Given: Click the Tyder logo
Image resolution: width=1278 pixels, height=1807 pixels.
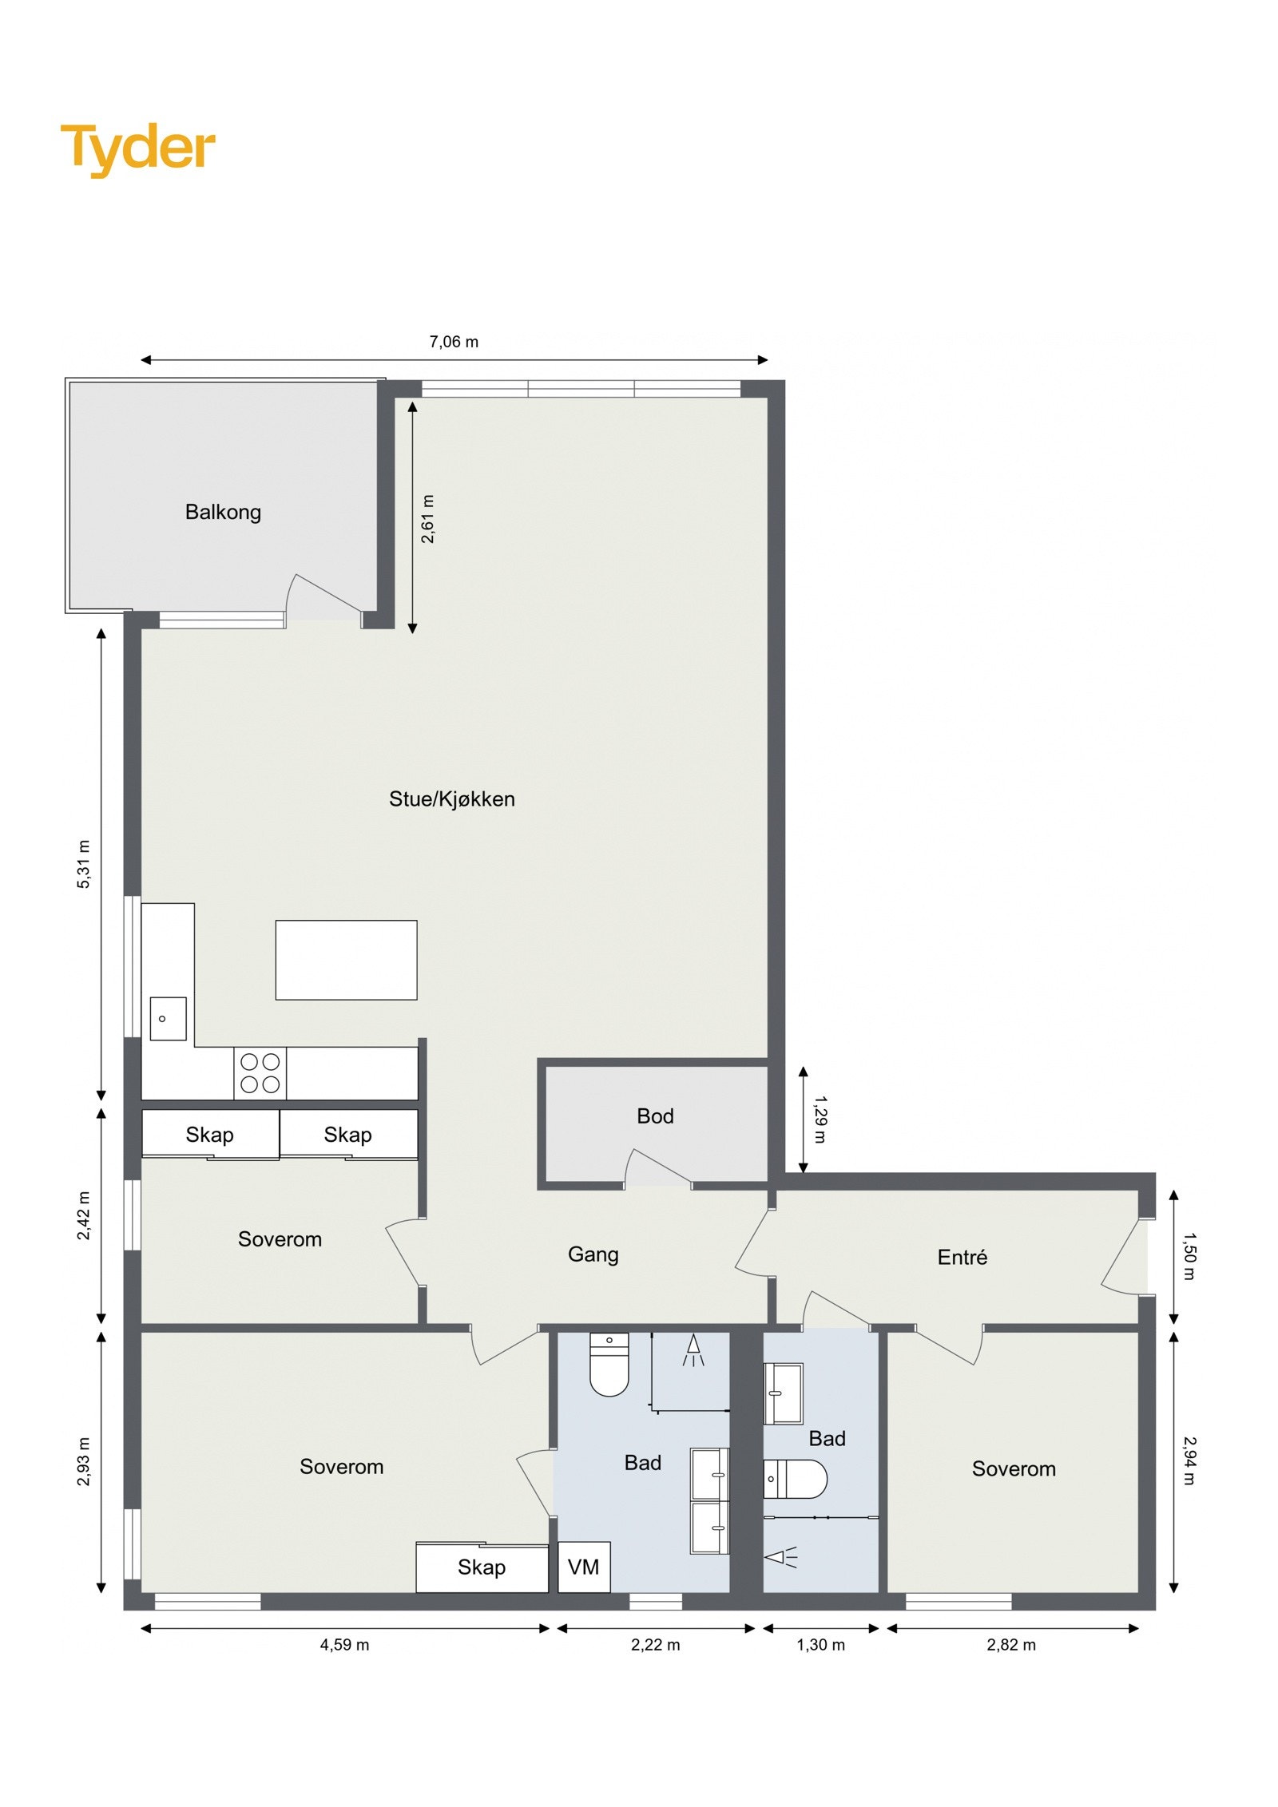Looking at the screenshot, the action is [138, 149].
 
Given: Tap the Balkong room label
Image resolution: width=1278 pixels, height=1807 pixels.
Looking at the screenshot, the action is [223, 512].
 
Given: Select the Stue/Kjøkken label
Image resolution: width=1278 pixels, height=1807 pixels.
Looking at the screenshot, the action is [451, 799].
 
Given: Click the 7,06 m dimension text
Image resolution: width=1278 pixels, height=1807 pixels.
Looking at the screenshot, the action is [454, 342].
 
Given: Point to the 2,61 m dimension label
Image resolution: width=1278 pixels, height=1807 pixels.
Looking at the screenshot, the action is [428, 519].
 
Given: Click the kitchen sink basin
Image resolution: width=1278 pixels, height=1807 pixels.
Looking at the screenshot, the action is [168, 1019].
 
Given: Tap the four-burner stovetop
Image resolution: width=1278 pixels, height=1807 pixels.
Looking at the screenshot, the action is [260, 1073].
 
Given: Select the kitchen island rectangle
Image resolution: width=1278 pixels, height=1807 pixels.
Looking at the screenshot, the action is [346, 960].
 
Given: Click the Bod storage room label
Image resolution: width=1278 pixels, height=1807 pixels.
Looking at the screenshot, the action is [655, 1116].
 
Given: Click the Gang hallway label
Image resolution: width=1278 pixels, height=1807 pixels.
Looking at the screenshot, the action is [593, 1254].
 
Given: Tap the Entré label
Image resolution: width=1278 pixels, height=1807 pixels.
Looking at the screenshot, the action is [962, 1258].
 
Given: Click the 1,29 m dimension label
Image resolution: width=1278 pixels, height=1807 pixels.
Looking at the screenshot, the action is [820, 1119].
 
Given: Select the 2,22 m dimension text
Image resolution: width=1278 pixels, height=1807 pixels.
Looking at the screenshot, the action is [655, 1645].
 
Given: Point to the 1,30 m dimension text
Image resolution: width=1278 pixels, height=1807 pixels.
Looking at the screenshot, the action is [820, 1645].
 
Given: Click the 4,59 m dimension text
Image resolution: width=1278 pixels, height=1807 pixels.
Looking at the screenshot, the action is [344, 1645].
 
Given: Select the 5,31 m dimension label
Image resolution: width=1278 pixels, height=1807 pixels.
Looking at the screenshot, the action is [84, 864].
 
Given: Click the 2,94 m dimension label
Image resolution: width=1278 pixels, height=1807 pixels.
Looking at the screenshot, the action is [1189, 1460].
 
